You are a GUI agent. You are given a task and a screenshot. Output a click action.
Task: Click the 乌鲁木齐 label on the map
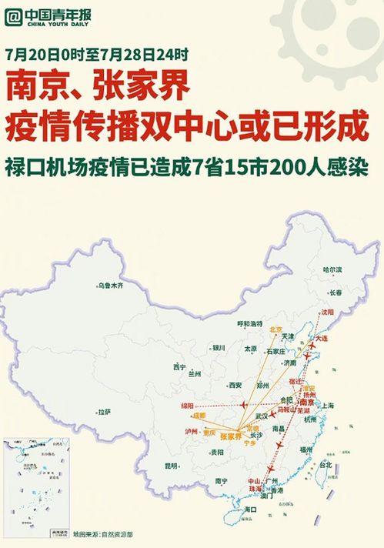(x=110, y=286)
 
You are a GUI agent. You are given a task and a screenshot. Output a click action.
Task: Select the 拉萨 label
(x=104, y=412)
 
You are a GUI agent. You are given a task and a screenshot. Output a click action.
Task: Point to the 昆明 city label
(x=171, y=466)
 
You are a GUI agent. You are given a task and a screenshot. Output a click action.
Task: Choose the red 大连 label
(x=321, y=339)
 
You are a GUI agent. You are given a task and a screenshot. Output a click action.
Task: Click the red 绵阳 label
(x=189, y=405)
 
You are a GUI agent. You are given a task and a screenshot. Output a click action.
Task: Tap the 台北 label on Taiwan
(x=324, y=465)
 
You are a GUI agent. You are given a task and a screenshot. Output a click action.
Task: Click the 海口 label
(x=249, y=510)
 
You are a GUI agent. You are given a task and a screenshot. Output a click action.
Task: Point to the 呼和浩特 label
(x=249, y=323)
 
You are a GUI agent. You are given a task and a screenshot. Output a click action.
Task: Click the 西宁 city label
(x=180, y=366)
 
